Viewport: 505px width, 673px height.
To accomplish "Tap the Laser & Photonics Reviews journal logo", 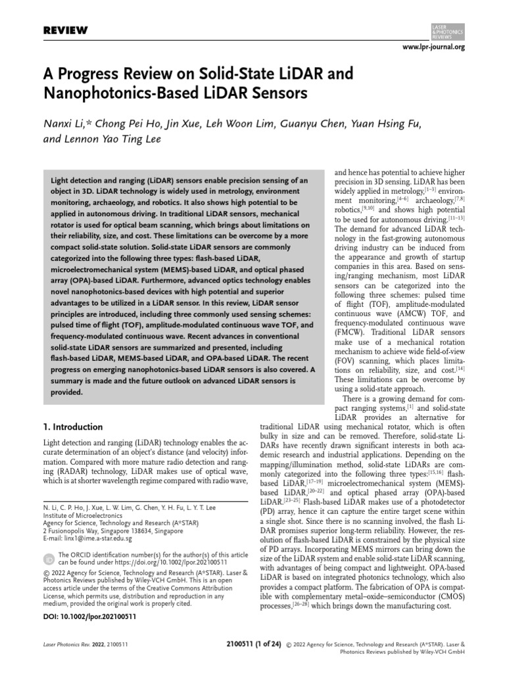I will coord(447,28).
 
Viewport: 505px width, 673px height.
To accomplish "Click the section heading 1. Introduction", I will coord(72,427).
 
